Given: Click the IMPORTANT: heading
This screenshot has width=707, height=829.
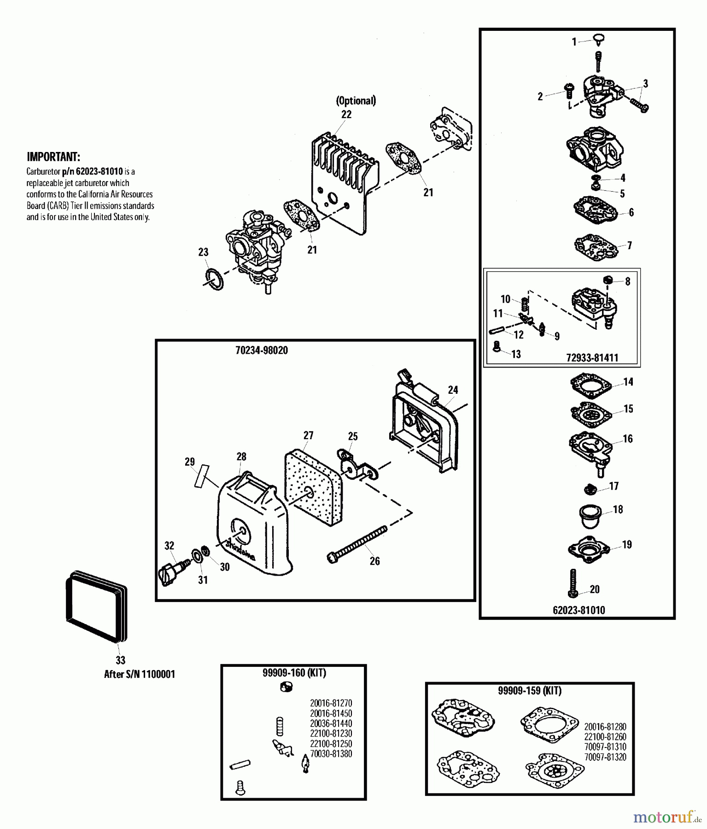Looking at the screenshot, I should [x=53, y=157].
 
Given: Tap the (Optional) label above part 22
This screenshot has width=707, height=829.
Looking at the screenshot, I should [x=356, y=100].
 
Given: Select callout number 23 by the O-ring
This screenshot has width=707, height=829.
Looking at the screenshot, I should [x=203, y=252].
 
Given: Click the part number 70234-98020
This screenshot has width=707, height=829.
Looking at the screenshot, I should [x=261, y=350].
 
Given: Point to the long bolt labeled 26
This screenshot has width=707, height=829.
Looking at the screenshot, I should [x=357, y=543].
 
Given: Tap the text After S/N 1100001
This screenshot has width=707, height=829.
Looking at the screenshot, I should [x=140, y=674].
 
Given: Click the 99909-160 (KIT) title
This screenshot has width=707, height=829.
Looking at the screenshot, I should [x=294, y=673].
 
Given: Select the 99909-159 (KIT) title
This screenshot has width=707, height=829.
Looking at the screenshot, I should [x=530, y=691].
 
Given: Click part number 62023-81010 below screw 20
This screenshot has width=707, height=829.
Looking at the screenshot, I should [x=578, y=610].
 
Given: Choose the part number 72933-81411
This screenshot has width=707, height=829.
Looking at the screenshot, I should [x=592, y=357].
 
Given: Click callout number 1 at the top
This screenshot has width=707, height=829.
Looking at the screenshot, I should [x=574, y=42].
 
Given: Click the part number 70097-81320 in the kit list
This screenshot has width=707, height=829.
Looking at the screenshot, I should [x=605, y=757].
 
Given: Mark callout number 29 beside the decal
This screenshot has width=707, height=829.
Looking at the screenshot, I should [x=189, y=461].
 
